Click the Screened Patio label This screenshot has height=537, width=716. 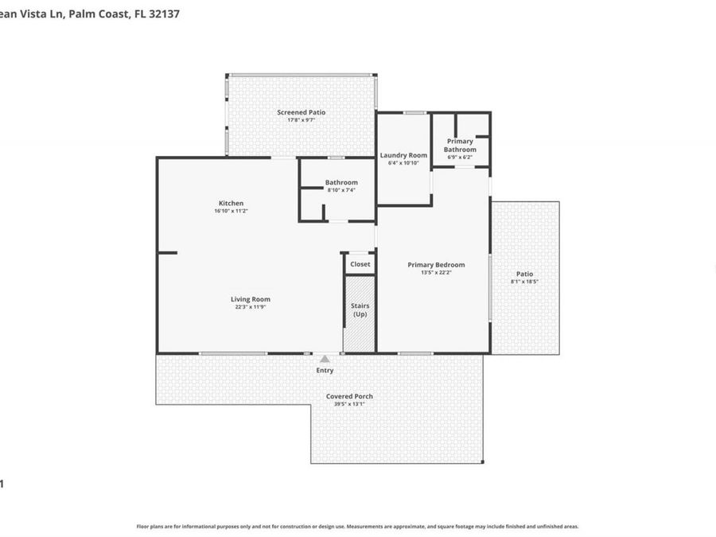point(301,112)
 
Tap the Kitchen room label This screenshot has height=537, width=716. point(228,203)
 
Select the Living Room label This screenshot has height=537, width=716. point(251,299)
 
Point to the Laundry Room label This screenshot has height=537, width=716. point(403,155)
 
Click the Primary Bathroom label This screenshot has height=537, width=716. point(460,146)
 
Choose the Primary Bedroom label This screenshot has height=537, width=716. point(436,265)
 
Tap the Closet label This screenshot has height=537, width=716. point(360,264)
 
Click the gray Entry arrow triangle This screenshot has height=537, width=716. point(325,360)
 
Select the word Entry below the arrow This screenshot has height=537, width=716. point(325,371)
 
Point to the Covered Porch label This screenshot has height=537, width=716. point(349,396)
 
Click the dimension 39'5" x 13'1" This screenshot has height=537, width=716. point(349,404)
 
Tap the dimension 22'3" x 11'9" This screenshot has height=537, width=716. point(251,307)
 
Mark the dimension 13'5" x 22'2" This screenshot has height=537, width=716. point(436,273)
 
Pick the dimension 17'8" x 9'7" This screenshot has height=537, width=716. point(301,120)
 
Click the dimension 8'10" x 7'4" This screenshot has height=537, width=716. point(340,190)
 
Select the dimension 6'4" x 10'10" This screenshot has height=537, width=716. point(403,163)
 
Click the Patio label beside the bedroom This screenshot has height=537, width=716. point(524,274)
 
